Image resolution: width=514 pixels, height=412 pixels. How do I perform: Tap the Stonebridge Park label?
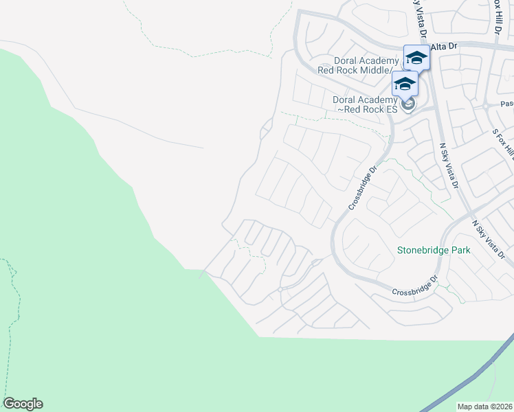pyautogui.click(x=434, y=251)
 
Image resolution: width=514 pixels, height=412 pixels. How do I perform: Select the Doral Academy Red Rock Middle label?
pyautogui.click(x=355, y=65)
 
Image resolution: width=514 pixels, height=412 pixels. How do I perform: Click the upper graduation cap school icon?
pyautogui.click(x=416, y=58)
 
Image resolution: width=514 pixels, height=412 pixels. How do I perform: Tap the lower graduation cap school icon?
pyautogui.click(x=405, y=84)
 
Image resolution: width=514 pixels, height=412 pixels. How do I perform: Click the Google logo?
pyautogui.click(x=23, y=404)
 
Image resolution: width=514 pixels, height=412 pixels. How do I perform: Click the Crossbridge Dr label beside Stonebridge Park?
pyautogui.click(x=415, y=286)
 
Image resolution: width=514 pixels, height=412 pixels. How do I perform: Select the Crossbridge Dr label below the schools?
pyautogui.click(x=364, y=187)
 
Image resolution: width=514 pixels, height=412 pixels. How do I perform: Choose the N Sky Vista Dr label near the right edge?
pyautogui.click(x=489, y=240)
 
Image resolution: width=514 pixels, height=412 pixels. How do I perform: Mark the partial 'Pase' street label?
pyautogui.click(x=506, y=104)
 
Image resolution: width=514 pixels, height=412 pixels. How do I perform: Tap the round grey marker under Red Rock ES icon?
pyautogui.click(x=408, y=104)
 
